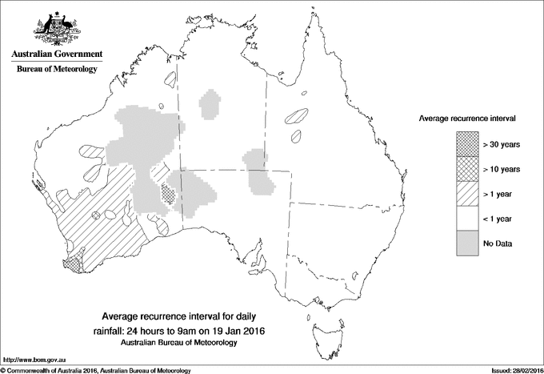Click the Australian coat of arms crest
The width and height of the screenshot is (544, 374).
click(x=56, y=29)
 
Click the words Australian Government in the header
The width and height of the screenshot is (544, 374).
click(x=56, y=54)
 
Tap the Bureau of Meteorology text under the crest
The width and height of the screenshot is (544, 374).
click(x=56, y=70)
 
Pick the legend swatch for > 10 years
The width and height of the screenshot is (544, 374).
click(x=466, y=168)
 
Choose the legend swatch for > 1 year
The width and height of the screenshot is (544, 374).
click(x=466, y=193)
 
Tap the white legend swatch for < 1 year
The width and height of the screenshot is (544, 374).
click(x=466, y=218)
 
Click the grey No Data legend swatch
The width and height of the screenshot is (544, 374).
click(x=466, y=243)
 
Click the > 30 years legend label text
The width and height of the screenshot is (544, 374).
click(x=502, y=144)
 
